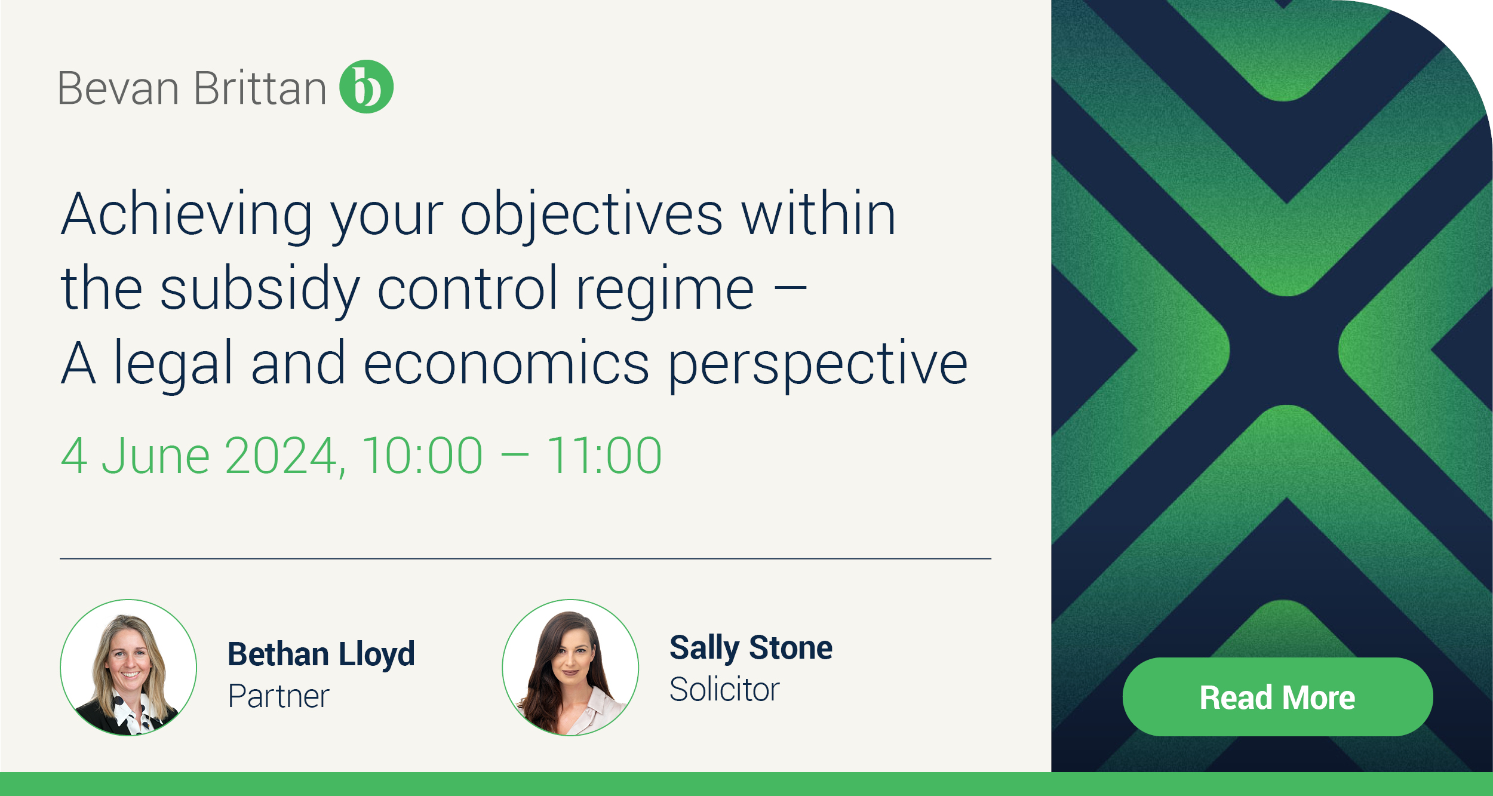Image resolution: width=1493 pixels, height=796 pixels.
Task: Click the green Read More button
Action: pyautogui.click(x=1277, y=697)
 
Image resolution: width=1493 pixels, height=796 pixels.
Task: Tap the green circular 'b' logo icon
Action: pyautogui.click(x=366, y=87)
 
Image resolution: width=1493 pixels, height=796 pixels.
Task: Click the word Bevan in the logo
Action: pyautogui.click(x=118, y=88)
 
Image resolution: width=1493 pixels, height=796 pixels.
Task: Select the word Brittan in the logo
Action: pyautogui.click(x=260, y=88)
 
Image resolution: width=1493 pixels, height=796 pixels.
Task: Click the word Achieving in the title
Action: pyautogui.click(x=187, y=215)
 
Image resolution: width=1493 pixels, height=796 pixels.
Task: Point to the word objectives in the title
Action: pyautogui.click(x=591, y=215)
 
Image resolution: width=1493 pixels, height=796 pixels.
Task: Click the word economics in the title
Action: pyautogui.click(x=506, y=364)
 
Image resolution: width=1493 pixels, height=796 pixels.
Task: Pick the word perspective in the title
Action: pyautogui.click(x=817, y=364)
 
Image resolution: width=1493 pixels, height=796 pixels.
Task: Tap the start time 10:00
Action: pyautogui.click(x=422, y=456)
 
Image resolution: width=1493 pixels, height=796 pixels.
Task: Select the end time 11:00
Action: pyautogui.click(x=604, y=456)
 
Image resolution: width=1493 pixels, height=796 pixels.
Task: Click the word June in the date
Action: pyautogui.click(x=155, y=456)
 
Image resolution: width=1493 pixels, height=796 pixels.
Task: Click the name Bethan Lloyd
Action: pyautogui.click(x=321, y=654)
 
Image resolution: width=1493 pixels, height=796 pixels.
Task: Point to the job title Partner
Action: pyautogui.click(x=278, y=696)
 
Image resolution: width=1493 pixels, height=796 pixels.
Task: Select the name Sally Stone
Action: pyautogui.click(x=751, y=648)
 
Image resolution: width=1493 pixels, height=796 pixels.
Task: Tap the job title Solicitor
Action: pyautogui.click(x=724, y=690)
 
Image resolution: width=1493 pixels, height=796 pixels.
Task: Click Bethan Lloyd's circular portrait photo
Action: pyautogui.click(x=128, y=668)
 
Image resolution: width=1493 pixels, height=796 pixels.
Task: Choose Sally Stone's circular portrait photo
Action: pyautogui.click(x=570, y=668)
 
